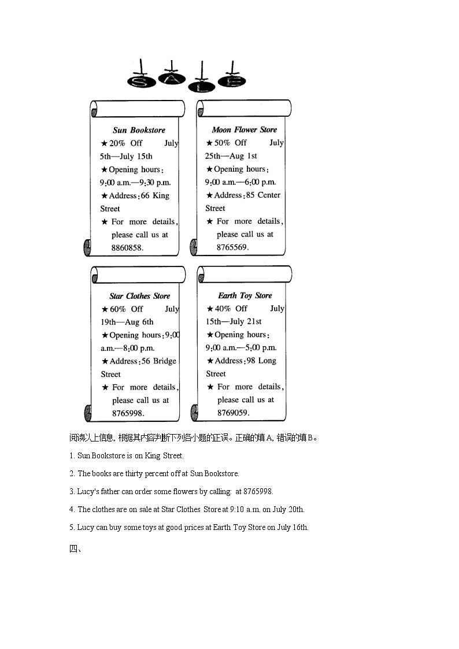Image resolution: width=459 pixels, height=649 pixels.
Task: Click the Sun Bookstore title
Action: coord(139,130)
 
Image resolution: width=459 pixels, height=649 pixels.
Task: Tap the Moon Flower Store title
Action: coord(244,129)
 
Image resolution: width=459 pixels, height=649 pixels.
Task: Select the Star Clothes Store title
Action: coord(139,296)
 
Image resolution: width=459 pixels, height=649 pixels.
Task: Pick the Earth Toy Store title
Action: coord(245,295)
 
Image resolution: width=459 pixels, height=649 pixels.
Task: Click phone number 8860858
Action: coord(127,247)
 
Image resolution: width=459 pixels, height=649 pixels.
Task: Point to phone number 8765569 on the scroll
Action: coord(232,247)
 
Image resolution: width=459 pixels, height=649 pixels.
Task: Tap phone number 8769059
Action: coord(233,413)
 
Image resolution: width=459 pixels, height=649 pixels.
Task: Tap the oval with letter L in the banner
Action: coord(201,86)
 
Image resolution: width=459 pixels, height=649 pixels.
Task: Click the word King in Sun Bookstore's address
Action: coord(161,195)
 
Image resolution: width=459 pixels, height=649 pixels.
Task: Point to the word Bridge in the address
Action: coord(165,361)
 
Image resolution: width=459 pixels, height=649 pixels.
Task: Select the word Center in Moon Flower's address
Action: coord(269,195)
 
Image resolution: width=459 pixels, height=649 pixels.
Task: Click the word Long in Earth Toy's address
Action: coord(267,361)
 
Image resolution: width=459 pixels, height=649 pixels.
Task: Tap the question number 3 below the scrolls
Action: coord(72,492)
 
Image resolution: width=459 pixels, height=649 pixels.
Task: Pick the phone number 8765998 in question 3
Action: coord(257,492)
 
